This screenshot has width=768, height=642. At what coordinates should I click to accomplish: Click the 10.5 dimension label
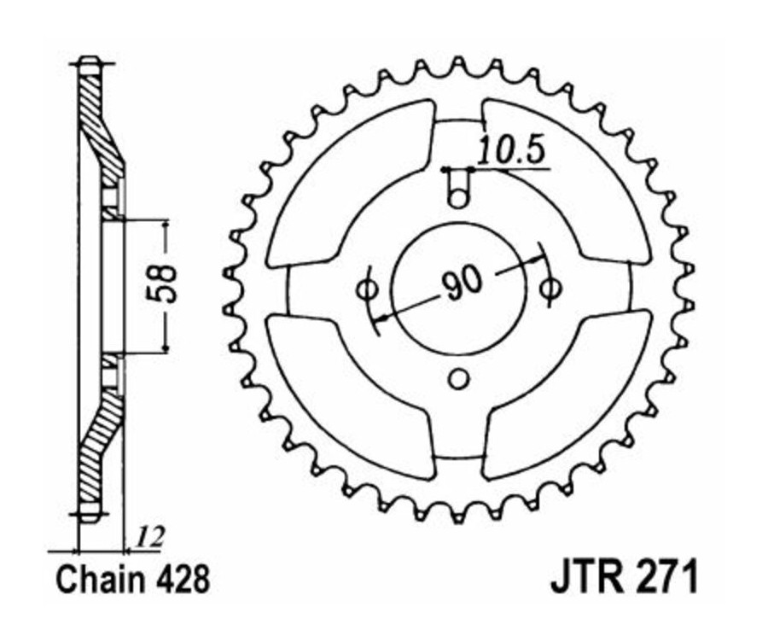(510, 152)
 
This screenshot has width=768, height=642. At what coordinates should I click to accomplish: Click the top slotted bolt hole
(459, 187)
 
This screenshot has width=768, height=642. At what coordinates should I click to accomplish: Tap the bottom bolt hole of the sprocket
(459, 378)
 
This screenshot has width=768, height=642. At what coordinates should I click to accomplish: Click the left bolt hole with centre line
(365, 289)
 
